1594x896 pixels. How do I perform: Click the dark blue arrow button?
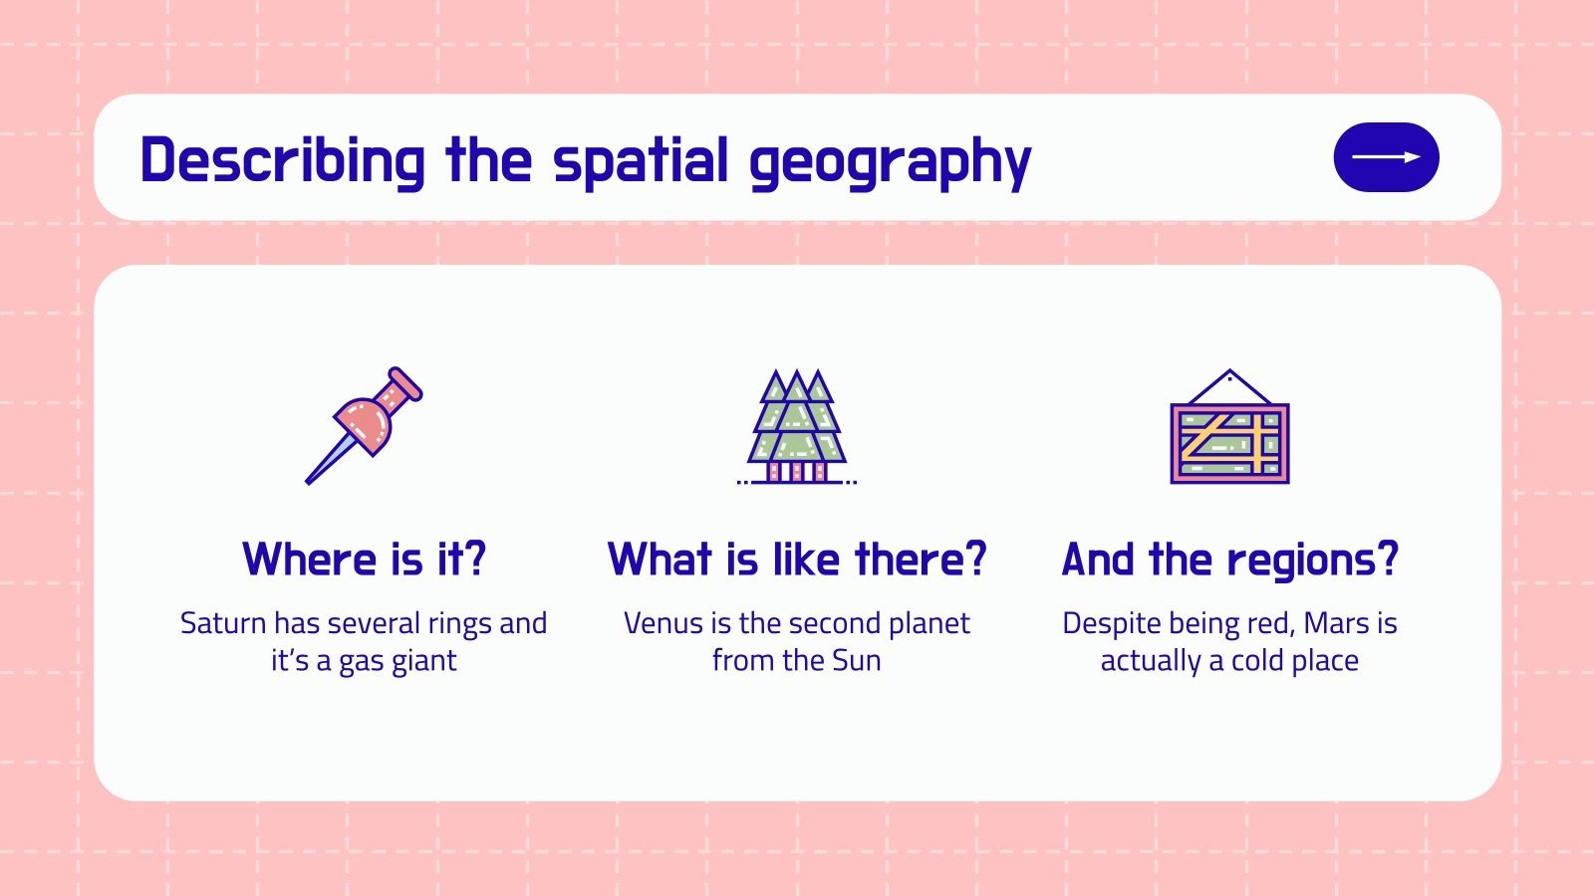click(x=1386, y=157)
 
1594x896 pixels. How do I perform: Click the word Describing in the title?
click(x=282, y=161)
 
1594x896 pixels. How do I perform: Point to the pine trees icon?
click(x=796, y=427)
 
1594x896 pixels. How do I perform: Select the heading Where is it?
click(x=364, y=559)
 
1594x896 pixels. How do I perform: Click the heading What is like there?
click(x=796, y=559)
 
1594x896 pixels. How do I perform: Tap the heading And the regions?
click(x=1230, y=560)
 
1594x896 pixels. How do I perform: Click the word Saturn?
click(x=223, y=623)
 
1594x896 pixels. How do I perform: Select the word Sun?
click(x=857, y=661)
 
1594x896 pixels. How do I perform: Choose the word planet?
click(x=929, y=624)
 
